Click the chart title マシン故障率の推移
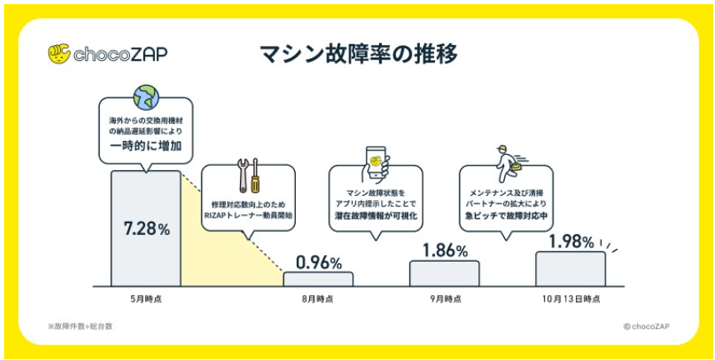click(358, 54)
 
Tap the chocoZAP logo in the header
click(107, 54)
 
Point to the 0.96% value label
click(317, 262)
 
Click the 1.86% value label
click(444, 249)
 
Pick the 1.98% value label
click(571, 242)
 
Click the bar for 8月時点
click(317, 279)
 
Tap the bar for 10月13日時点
click(571, 269)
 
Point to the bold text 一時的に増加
click(146, 146)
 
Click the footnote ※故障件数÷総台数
click(80, 326)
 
